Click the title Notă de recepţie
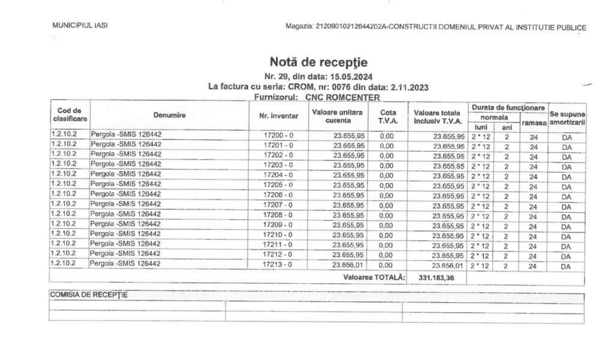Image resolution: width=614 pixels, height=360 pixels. tap(318, 62)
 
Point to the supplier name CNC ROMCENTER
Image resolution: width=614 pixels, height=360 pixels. tap(342, 97)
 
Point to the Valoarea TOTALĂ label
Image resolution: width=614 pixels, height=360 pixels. tap(374, 278)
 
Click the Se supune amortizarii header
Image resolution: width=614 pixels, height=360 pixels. tap(565, 118)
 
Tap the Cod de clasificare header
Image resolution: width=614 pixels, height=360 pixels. tap(70, 115)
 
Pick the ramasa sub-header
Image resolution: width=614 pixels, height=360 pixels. tap(533, 122)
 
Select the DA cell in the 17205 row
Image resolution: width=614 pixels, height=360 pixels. tap(565, 186)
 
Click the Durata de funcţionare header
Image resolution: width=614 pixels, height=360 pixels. tap(507, 107)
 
